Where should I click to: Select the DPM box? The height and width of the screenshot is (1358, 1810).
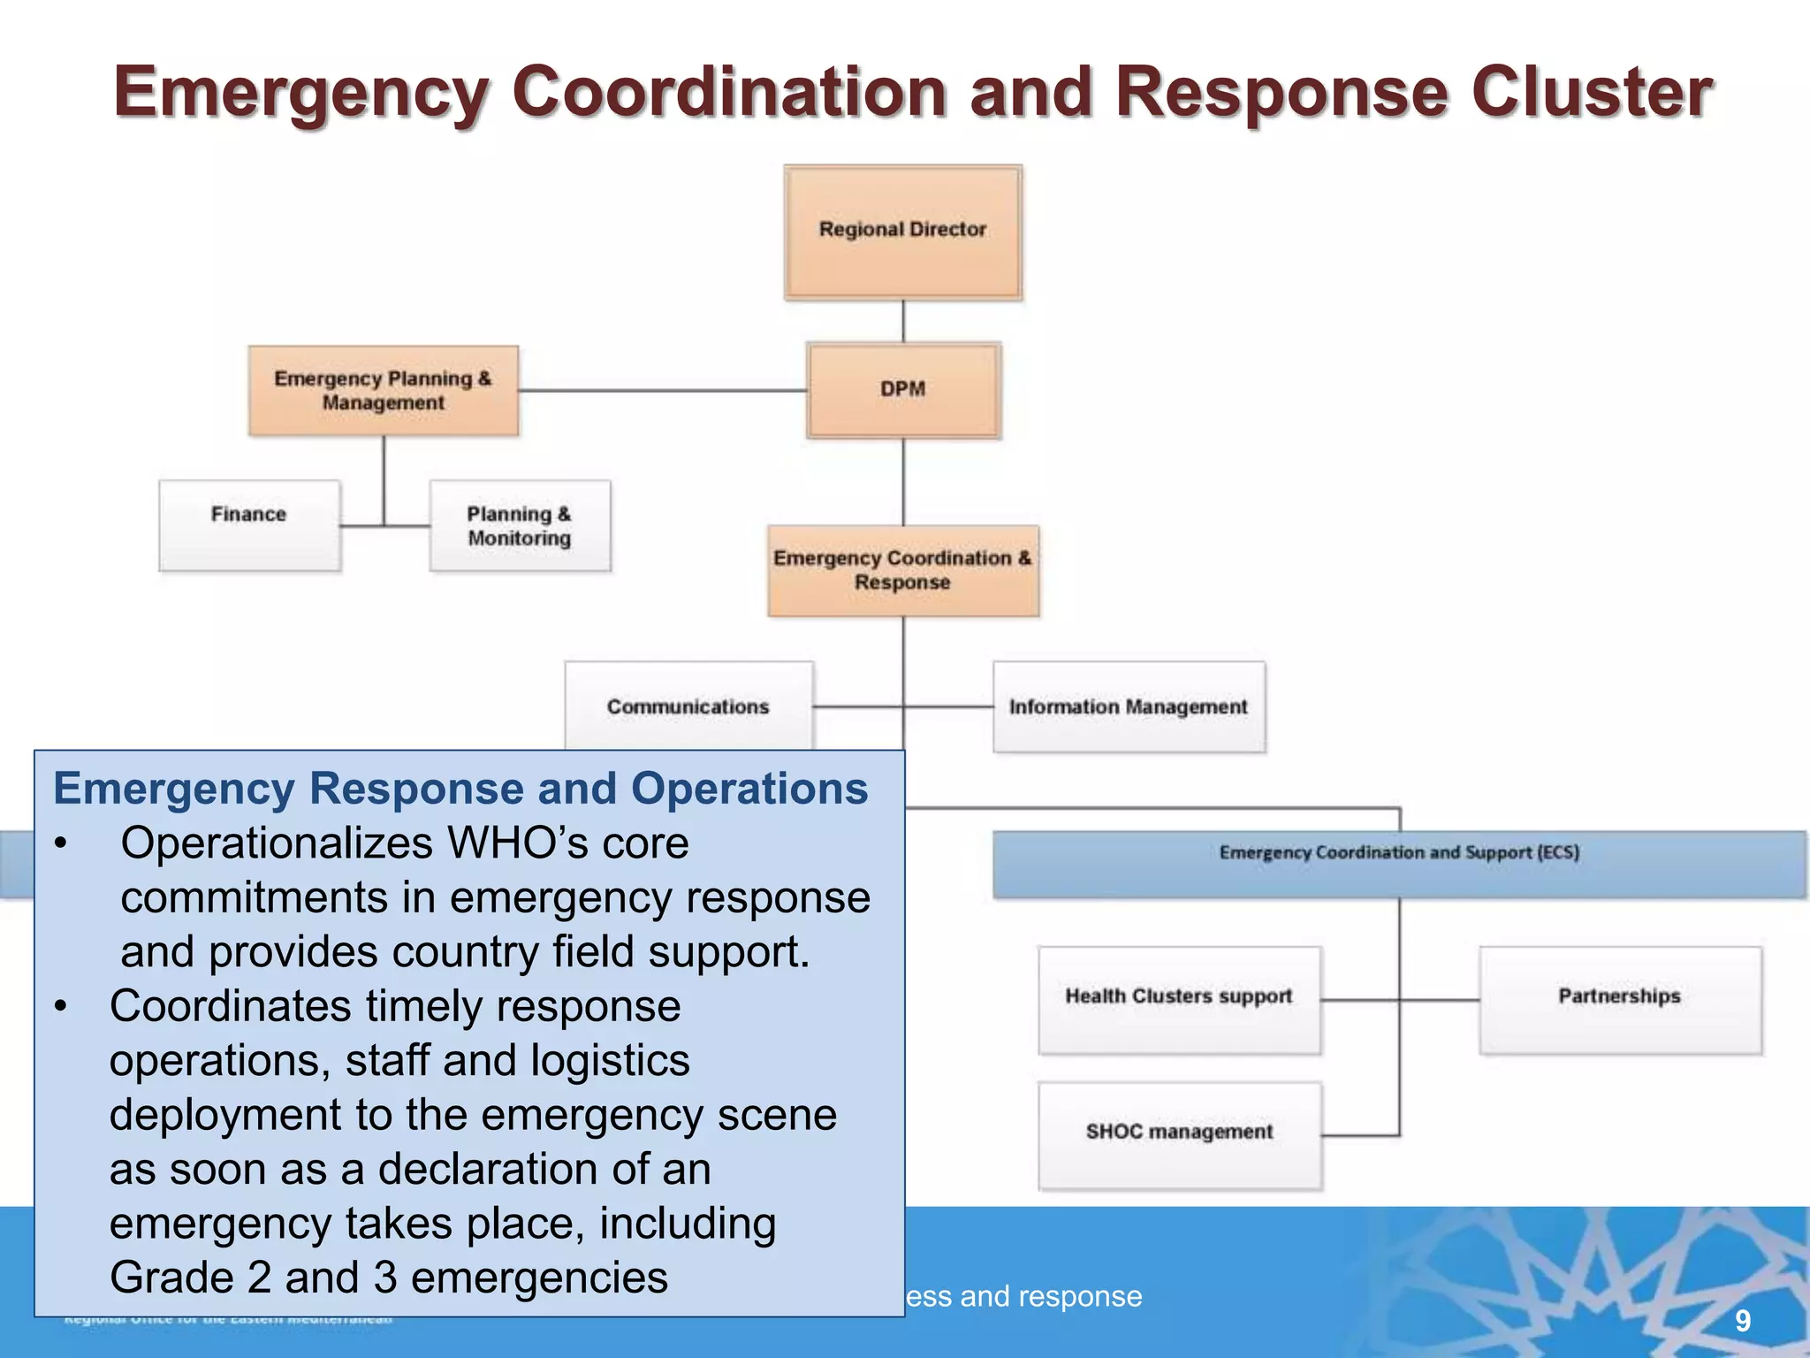[902, 390]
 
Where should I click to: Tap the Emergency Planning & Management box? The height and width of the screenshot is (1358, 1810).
[383, 390]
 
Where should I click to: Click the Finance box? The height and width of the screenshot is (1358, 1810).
[249, 525]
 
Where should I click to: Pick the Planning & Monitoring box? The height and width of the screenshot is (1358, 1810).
[520, 525]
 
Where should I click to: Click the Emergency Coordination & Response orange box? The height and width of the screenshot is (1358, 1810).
[902, 570]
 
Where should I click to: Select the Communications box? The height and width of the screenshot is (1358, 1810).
[688, 706]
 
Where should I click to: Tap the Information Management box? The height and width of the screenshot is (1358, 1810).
[1129, 706]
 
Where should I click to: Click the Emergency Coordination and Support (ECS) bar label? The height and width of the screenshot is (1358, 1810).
[1398, 852]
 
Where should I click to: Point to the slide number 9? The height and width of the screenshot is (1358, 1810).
[1742, 1321]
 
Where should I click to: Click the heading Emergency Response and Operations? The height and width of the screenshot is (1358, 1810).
[460, 789]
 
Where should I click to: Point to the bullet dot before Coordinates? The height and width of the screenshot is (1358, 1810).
[60, 1007]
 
